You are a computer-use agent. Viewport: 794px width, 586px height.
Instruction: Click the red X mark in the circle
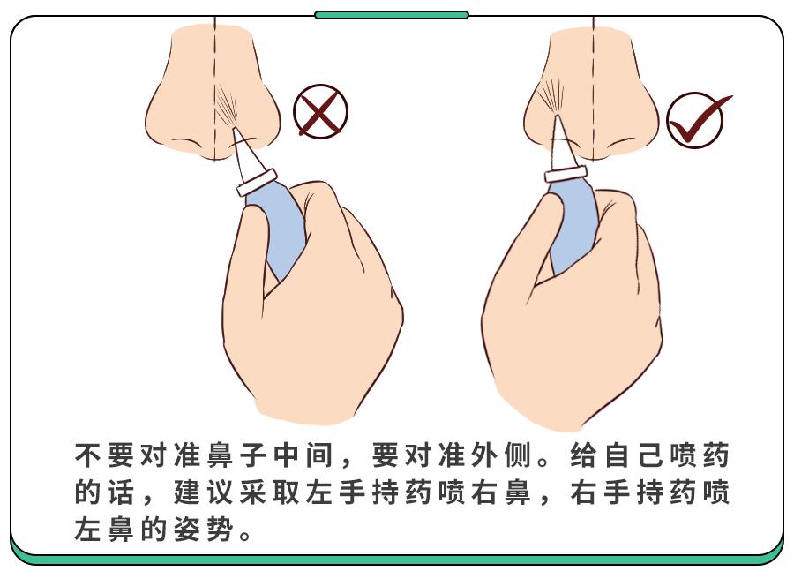tap(320, 112)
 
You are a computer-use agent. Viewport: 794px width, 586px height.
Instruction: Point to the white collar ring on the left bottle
tap(257, 183)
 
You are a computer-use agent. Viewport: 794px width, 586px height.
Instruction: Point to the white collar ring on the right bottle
tap(566, 173)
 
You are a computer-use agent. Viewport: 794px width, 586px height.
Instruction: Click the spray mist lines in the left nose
tap(227, 108)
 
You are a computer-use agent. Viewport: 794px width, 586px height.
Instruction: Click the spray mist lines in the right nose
tap(551, 96)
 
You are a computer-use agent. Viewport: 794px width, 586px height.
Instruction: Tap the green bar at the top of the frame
tap(392, 15)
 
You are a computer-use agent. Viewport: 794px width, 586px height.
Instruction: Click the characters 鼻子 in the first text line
tap(236, 455)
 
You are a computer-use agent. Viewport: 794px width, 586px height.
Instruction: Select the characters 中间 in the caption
tap(303, 455)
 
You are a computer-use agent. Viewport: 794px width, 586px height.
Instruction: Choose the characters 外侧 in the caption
tap(500, 455)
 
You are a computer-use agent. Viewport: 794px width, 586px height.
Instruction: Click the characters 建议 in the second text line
tap(204, 492)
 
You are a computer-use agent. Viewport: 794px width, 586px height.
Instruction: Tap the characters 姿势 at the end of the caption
tap(204, 529)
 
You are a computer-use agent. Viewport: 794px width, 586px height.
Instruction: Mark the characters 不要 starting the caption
tap(105, 455)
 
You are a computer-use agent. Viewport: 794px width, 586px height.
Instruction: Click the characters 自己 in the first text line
tap(632, 455)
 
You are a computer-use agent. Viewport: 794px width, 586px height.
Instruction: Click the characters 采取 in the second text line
tap(269, 492)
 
